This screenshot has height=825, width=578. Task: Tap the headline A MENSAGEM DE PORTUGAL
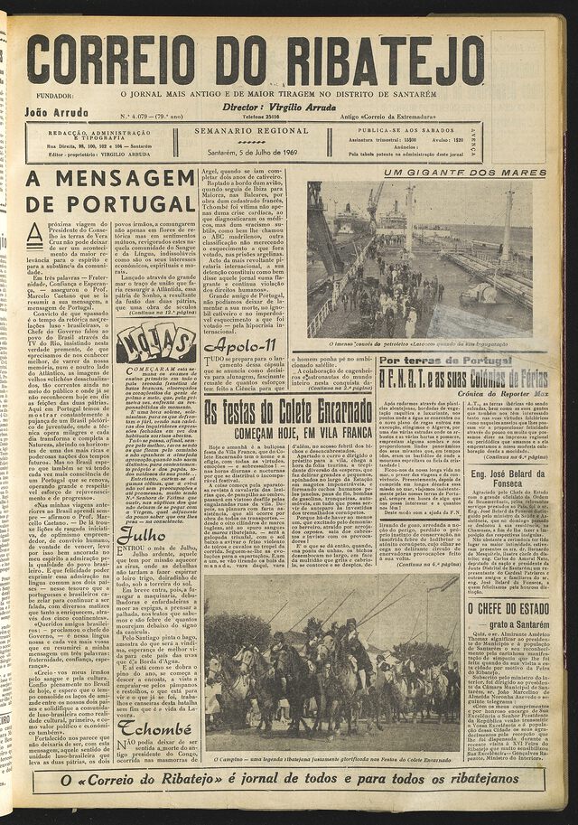click(110, 191)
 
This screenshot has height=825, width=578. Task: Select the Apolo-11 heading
click(239, 344)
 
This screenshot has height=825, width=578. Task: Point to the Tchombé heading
click(154, 728)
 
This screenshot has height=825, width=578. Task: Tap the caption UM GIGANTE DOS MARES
click(465, 172)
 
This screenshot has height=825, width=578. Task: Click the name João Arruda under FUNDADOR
click(56, 112)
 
